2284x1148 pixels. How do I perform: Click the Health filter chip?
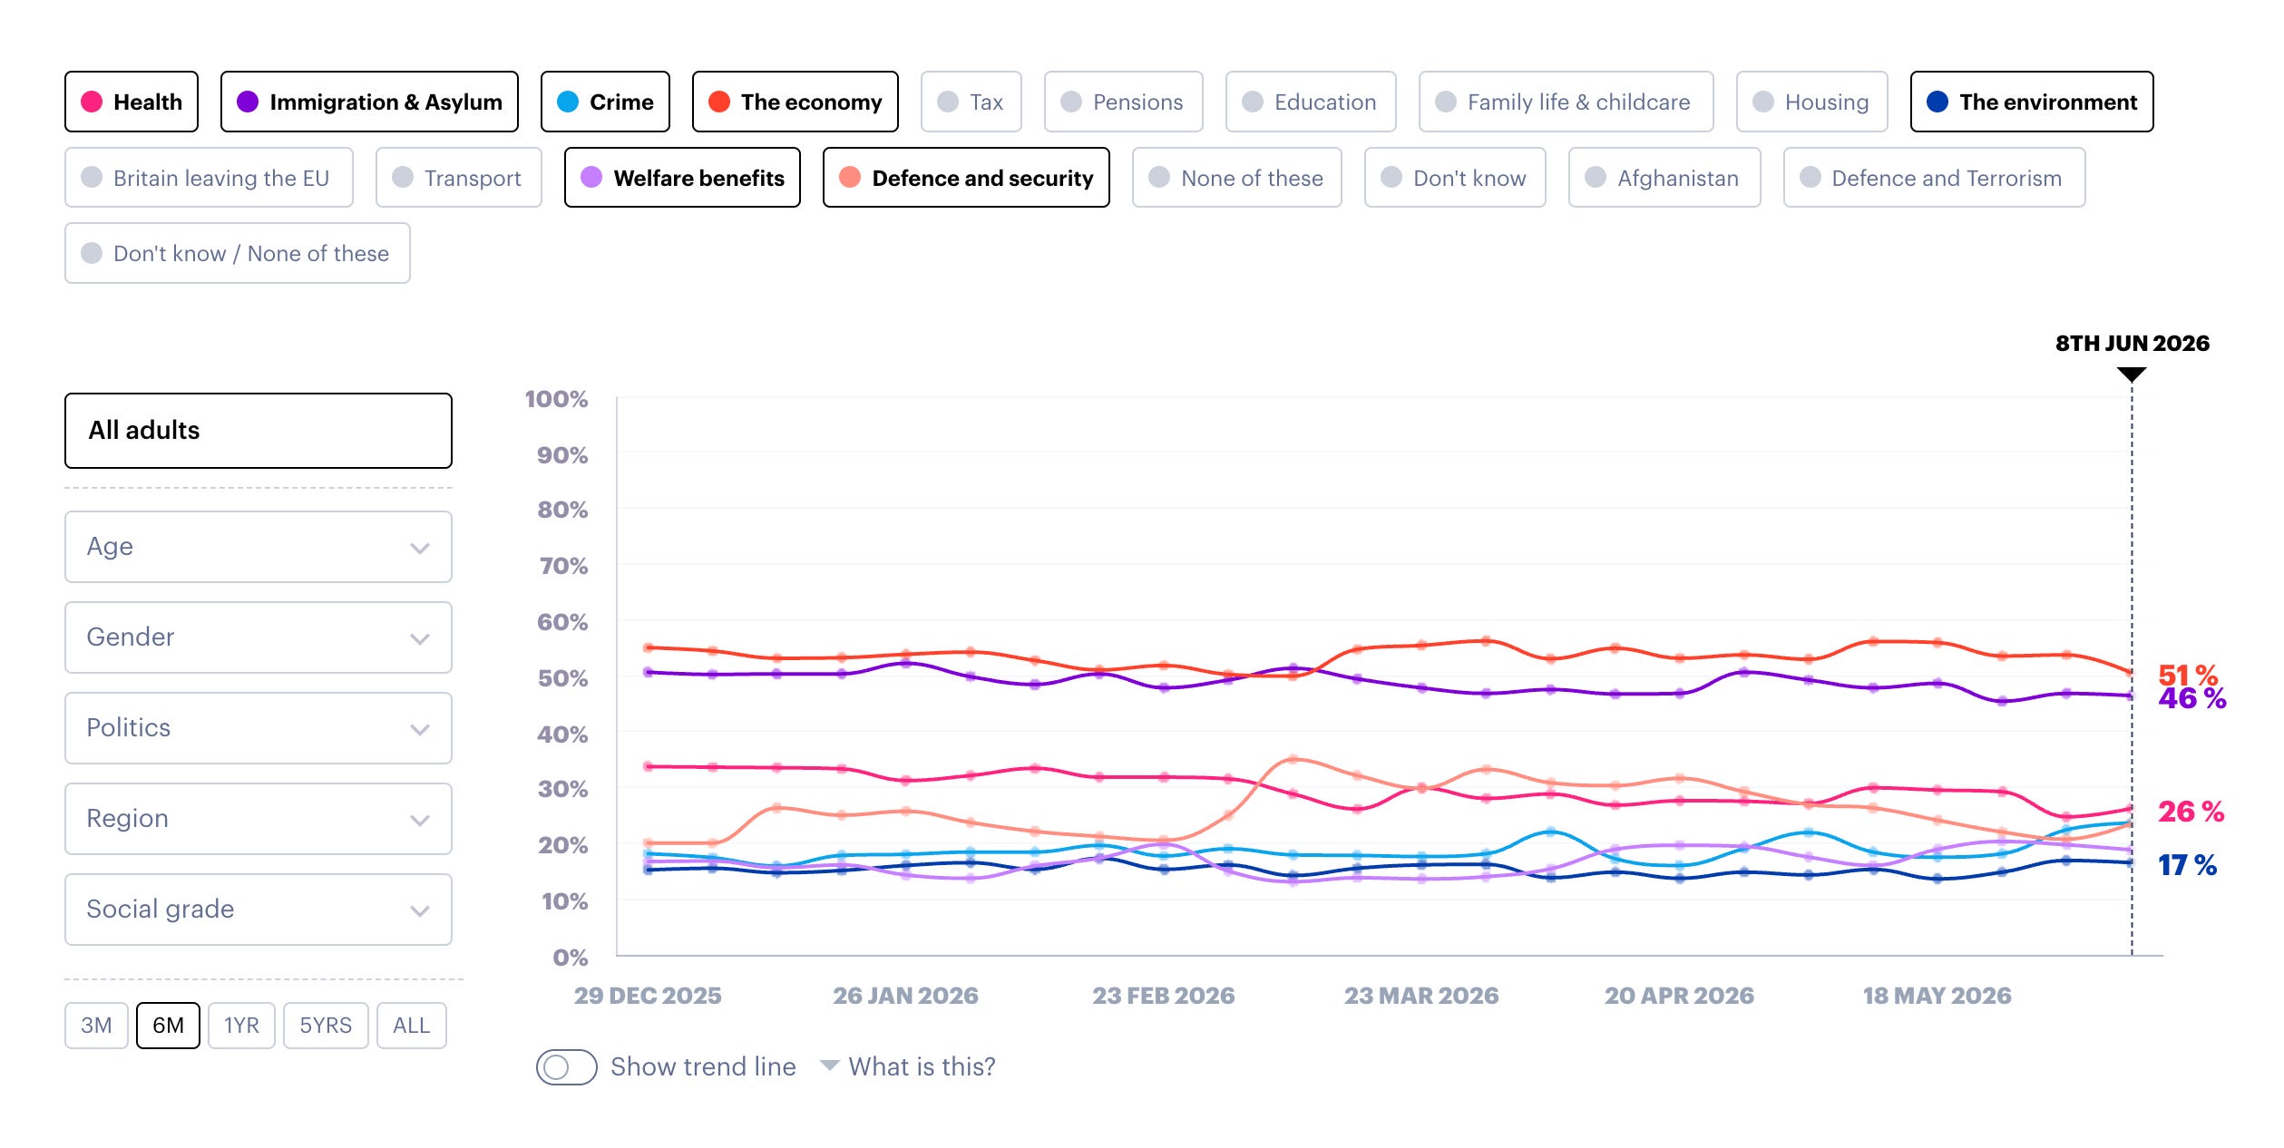(132, 102)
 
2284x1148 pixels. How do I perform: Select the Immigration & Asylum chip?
(369, 102)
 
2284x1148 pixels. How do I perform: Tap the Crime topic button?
(605, 102)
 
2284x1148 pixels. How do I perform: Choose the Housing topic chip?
(1811, 102)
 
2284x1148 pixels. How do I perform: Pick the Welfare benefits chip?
(682, 178)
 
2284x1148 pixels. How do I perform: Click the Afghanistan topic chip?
(1664, 178)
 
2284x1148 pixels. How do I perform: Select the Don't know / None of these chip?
(238, 253)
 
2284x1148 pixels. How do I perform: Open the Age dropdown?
(259, 547)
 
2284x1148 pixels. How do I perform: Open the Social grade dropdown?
(259, 910)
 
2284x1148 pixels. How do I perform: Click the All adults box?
(259, 431)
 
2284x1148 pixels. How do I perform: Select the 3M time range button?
(96, 1026)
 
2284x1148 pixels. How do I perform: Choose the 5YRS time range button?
(326, 1026)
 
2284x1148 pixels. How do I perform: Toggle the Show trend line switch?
(566, 1067)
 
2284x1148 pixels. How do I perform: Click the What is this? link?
(922, 1066)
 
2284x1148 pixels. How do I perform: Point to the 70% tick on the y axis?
(563, 566)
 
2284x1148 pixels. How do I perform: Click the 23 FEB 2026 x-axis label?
(1164, 996)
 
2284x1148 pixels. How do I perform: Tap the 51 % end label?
(2188, 675)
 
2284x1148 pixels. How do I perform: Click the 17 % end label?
(2187, 865)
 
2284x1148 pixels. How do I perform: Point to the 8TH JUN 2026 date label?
(2133, 344)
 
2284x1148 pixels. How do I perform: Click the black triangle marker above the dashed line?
(2132, 374)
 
